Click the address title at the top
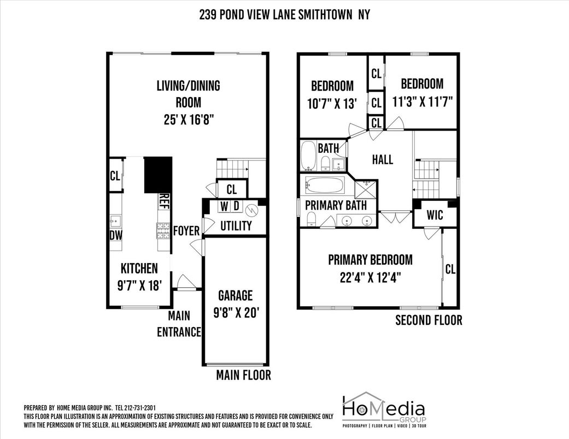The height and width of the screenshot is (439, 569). point(284,15)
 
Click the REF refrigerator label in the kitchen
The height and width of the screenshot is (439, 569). point(163,201)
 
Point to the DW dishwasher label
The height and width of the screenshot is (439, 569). point(116,235)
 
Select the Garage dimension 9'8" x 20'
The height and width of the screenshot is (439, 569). point(236,313)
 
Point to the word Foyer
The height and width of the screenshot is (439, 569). point(186,231)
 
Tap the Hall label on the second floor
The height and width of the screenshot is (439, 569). point(382,159)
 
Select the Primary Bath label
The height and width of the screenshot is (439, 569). point(336,205)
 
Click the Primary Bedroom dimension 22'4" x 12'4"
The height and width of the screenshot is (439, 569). point(369,277)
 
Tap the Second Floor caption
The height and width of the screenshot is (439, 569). point(429,320)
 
